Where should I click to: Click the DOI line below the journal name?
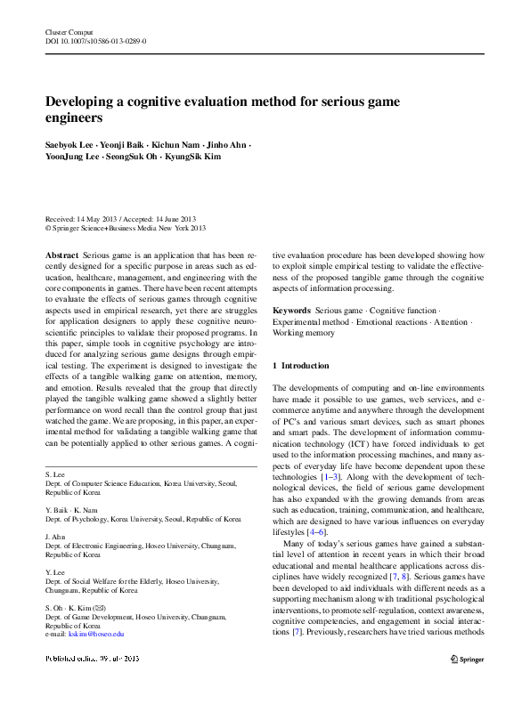click(96, 41)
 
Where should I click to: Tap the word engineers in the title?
click(75, 117)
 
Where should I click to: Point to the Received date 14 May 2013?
click(95, 219)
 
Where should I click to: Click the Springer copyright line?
click(126, 228)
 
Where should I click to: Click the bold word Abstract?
click(61, 255)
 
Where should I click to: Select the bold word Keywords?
click(291, 311)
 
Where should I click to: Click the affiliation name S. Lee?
click(54, 476)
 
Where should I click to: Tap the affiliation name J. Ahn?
click(55, 538)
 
